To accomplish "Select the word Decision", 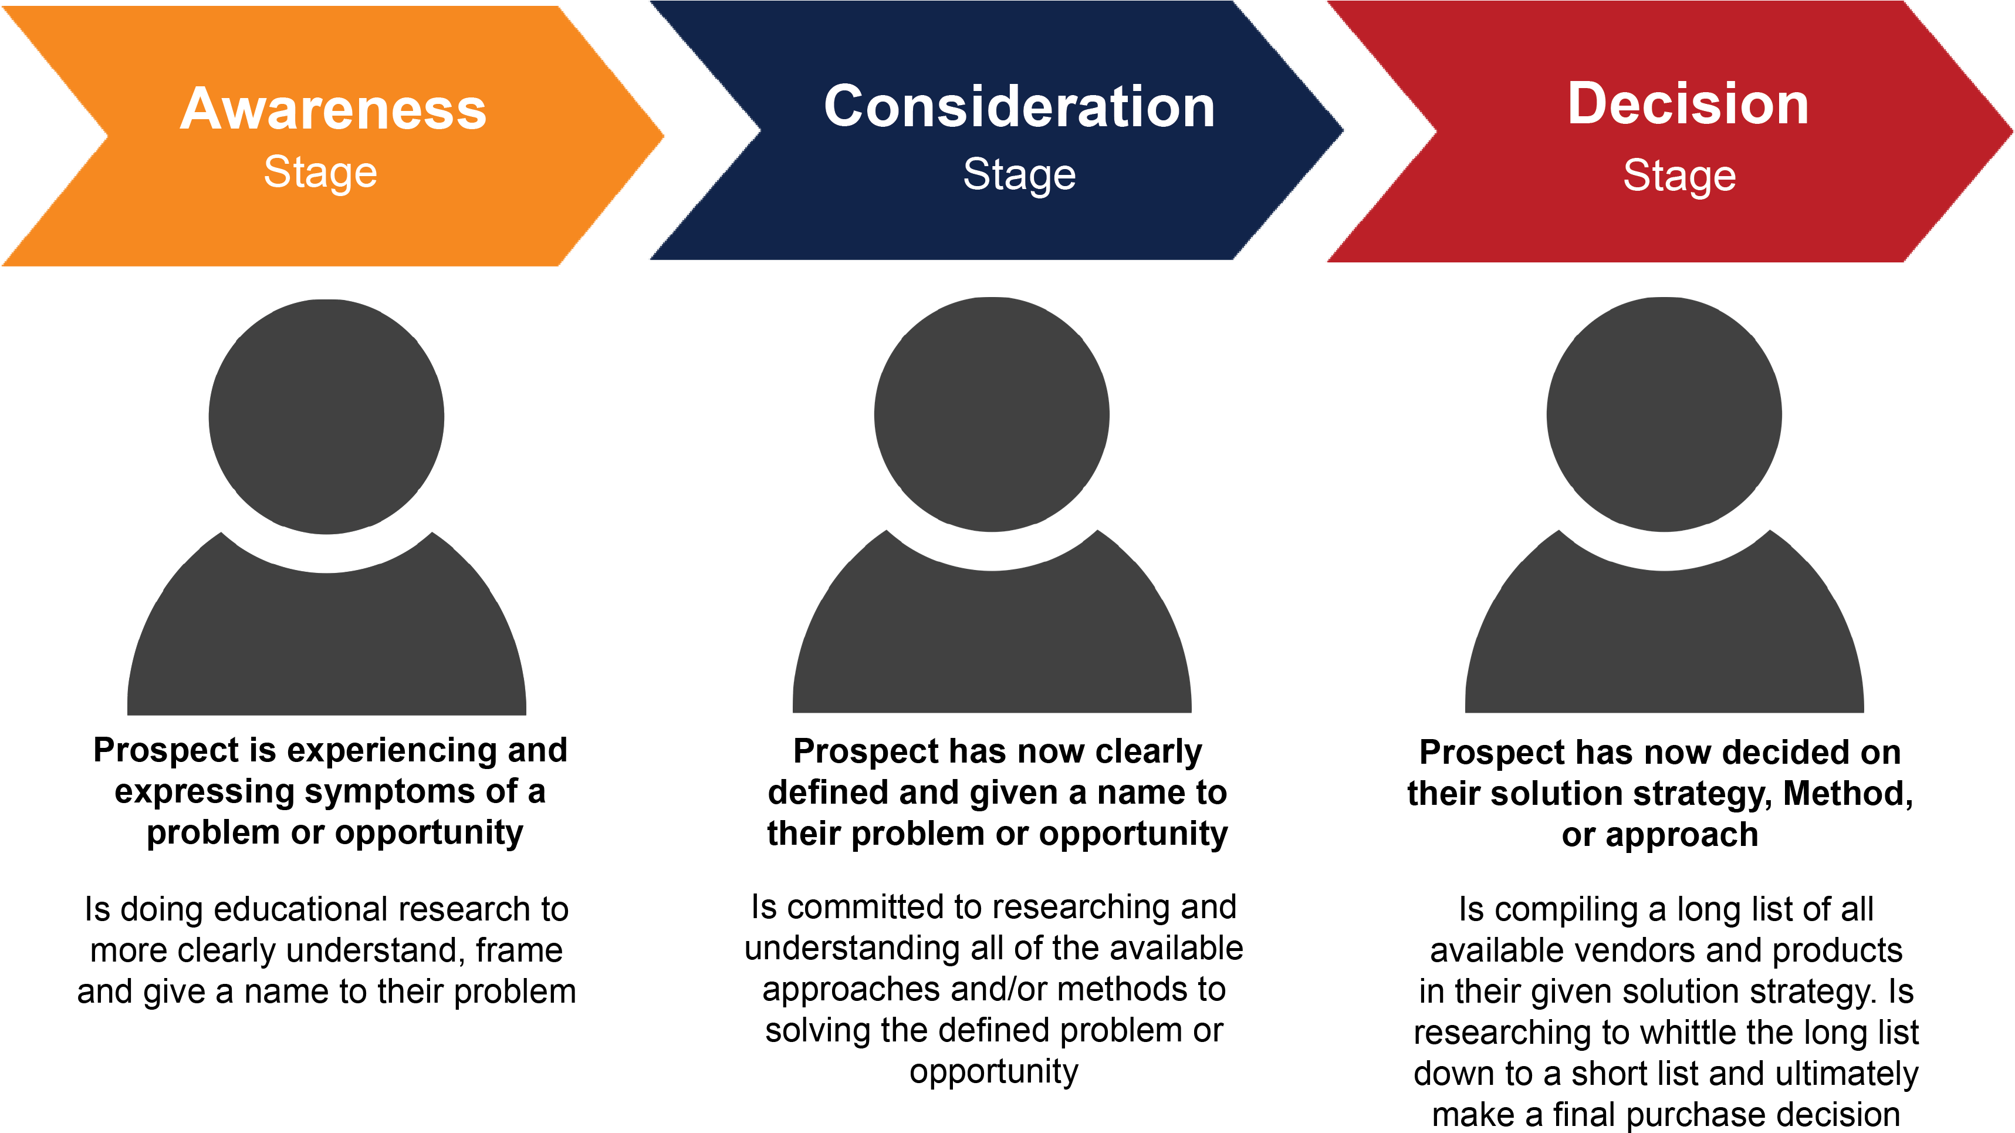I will point(1688,103).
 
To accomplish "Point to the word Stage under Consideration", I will point(1019,174).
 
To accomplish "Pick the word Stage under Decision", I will point(1679,176).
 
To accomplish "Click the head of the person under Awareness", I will point(326,417).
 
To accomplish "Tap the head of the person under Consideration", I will point(991,414).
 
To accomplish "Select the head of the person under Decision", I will point(1664,414).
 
